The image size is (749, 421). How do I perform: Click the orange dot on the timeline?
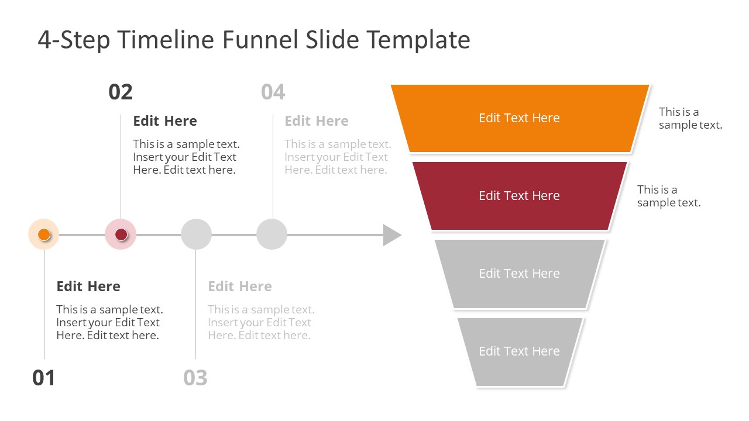(x=44, y=234)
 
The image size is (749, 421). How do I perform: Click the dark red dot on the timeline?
(x=121, y=234)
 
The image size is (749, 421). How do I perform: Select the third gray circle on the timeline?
(x=196, y=234)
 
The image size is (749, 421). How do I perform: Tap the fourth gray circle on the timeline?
(x=272, y=234)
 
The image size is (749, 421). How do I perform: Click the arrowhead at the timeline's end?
(x=391, y=235)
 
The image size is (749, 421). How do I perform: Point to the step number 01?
(x=44, y=378)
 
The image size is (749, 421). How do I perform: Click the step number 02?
(x=121, y=92)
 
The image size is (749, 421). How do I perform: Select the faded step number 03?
(x=195, y=378)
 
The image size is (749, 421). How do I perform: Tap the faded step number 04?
(x=273, y=92)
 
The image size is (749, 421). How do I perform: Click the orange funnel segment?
(x=520, y=118)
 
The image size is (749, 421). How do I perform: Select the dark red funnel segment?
(x=520, y=196)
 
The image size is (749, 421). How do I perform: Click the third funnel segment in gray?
(x=520, y=274)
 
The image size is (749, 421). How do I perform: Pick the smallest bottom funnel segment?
(x=520, y=351)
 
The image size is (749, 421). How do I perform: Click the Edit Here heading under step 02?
(x=165, y=121)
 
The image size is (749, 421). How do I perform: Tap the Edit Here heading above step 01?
(x=88, y=287)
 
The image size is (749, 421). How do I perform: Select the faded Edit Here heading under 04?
(x=317, y=121)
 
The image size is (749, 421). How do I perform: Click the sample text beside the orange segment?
(x=690, y=118)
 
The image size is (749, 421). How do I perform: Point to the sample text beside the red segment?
(x=668, y=196)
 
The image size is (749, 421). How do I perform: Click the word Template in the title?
(x=418, y=40)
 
